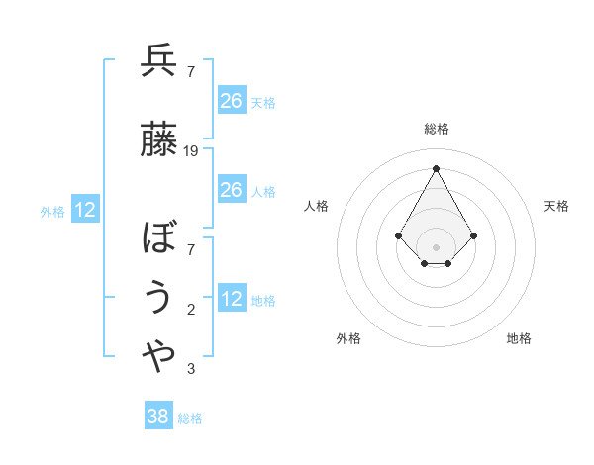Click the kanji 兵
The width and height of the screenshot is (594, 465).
tap(158, 61)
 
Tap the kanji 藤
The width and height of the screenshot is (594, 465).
tap(158, 139)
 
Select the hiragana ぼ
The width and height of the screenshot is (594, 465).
tap(158, 238)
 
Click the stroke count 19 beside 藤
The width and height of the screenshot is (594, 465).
tap(191, 151)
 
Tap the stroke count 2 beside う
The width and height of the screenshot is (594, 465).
tap(191, 310)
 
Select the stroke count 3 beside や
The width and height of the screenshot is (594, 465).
tap(191, 370)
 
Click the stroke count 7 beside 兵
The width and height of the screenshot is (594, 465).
tap(191, 72)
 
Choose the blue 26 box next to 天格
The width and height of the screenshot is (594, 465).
tap(231, 101)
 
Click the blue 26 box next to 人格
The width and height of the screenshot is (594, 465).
tap(231, 190)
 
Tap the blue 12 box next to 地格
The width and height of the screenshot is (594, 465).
tap(231, 299)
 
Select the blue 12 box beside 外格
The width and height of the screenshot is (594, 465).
tap(85, 210)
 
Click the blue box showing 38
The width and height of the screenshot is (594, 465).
tap(158, 417)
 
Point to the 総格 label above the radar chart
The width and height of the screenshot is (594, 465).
tap(437, 129)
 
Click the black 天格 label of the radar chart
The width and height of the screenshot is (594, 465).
tap(557, 206)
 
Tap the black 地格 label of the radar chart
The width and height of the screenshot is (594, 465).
tap(519, 338)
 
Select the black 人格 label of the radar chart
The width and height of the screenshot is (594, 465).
tap(316, 206)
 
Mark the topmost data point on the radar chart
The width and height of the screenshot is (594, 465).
tap(436, 167)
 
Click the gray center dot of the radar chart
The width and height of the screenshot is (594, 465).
tap(436, 246)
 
